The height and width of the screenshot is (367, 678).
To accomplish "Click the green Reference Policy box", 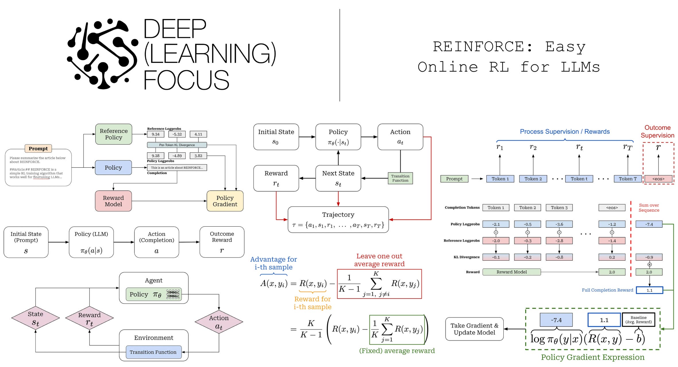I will [x=113, y=134].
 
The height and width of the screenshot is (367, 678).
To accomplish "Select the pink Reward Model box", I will [x=113, y=201].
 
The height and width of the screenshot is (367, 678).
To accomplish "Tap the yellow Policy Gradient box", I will [x=225, y=201].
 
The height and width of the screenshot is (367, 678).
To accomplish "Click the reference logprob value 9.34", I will [x=155, y=134].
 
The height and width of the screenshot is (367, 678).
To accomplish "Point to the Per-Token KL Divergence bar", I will [x=177, y=145].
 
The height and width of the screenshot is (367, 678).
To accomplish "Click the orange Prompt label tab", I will [x=38, y=148].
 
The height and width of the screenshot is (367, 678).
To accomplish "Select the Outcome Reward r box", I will [x=222, y=242].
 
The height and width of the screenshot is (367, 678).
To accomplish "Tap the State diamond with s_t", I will [x=35, y=318].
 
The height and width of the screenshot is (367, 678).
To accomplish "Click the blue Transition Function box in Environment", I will [x=153, y=352].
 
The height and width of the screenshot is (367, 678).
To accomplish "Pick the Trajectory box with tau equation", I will [x=338, y=220].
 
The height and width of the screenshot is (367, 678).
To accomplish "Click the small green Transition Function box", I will [x=400, y=178].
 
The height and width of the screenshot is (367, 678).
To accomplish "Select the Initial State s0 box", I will [x=276, y=137].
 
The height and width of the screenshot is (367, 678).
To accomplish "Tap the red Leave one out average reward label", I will [x=379, y=260].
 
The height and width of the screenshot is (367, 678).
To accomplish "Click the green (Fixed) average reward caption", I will [x=397, y=351].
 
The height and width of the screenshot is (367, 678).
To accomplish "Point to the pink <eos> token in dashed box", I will [x=658, y=179].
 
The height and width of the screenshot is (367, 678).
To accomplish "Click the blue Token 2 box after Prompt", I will [x=533, y=179].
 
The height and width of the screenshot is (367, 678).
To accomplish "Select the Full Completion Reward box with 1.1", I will [x=649, y=290].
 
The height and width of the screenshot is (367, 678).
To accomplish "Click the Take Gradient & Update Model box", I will [x=474, y=329].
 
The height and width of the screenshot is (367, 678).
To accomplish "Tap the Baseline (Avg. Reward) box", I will [x=638, y=320].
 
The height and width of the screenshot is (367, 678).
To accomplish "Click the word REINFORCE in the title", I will [x=483, y=47].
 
